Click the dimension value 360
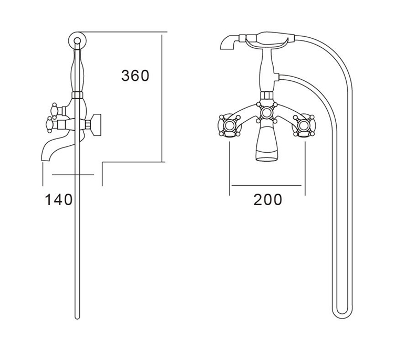135,76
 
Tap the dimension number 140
58,199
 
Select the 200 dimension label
267,199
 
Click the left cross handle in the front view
229,126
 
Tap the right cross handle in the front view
304,126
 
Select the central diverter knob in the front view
267,112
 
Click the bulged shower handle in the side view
77,68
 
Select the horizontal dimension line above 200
267,185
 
